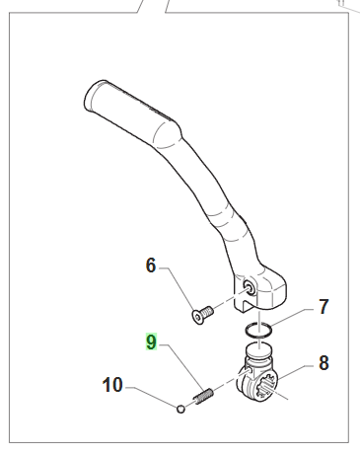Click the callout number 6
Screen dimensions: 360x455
point(150,265)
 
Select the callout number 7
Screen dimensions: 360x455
point(324,307)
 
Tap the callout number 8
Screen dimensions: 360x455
point(324,363)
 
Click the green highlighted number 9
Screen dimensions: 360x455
point(151,342)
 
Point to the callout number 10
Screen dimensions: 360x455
point(112,385)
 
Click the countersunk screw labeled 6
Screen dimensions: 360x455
point(202,314)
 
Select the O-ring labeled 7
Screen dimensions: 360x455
point(258,331)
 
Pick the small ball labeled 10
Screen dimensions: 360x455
point(180,410)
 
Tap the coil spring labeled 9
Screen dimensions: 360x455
point(203,396)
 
